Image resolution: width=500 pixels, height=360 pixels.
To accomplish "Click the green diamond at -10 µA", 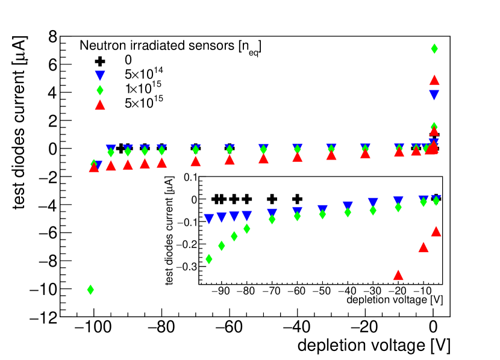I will coord(90,290).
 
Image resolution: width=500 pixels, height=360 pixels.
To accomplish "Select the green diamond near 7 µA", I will coord(434,49).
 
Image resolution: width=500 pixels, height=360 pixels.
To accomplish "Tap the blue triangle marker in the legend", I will coord(101,75).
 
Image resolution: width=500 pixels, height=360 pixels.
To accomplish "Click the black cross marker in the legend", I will coord(101,61).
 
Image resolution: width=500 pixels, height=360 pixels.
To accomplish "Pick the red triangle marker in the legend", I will coord(101,104).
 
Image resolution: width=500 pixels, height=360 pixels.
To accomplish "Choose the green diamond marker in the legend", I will coord(101,90).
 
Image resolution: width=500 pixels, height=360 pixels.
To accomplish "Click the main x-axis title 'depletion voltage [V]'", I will coord(373,346).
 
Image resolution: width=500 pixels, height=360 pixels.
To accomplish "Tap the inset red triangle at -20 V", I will coord(398,275).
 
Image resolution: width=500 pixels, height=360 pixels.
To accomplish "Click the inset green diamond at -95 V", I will coord(209,259).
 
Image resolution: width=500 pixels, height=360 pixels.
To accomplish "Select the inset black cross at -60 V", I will coord(297,199).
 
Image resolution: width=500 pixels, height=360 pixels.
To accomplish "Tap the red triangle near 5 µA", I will coord(434,80).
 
